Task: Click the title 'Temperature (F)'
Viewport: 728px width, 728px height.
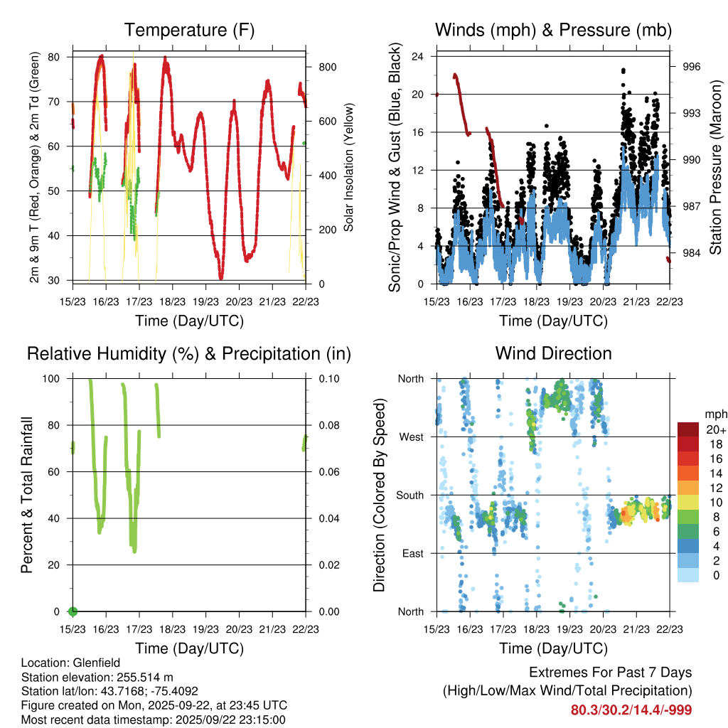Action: pyautogui.click(x=188, y=30)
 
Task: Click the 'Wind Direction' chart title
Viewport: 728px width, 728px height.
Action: pyautogui.click(x=553, y=353)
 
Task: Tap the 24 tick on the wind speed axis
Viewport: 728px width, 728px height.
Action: pyautogui.click(x=417, y=56)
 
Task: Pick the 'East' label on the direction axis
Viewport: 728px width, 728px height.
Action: pyautogui.click(x=412, y=553)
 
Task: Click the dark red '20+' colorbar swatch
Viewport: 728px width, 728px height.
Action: pyautogui.click(x=688, y=429)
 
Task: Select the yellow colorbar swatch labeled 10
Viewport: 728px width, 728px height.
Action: pyautogui.click(x=688, y=502)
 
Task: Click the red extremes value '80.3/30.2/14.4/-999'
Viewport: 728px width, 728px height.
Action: pyautogui.click(x=631, y=710)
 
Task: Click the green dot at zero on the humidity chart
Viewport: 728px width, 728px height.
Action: pyautogui.click(x=72, y=611)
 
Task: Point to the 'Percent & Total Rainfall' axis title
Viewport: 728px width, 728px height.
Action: pyautogui.click(x=27, y=495)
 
